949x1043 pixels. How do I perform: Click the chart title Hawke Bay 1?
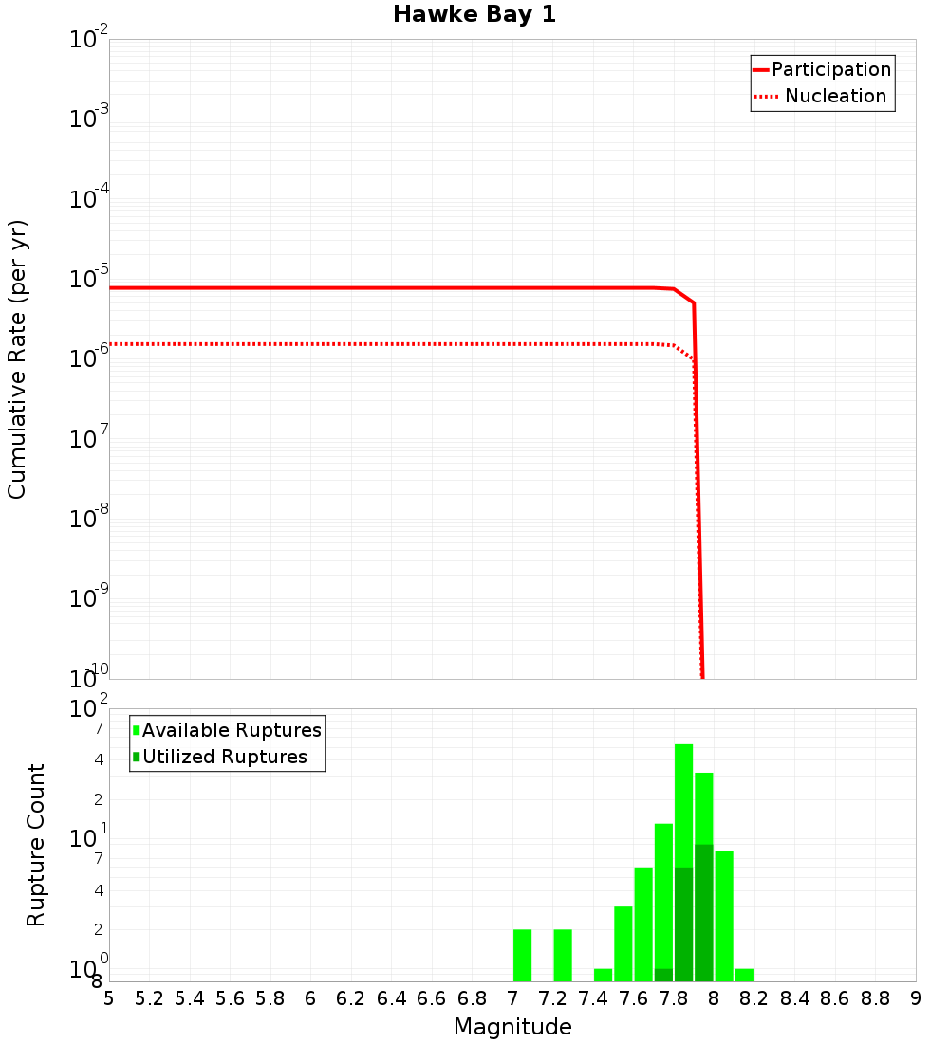tap(474, 14)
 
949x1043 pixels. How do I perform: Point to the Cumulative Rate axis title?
tap(17, 359)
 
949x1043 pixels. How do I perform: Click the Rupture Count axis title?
tap(36, 845)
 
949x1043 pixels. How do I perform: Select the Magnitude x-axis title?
tap(512, 1027)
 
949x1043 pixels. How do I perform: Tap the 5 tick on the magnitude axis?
tap(109, 997)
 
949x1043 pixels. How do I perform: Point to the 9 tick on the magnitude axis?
tap(916, 997)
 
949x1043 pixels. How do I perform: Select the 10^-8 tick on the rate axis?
tap(89, 519)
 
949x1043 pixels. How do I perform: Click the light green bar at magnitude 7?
tap(522, 956)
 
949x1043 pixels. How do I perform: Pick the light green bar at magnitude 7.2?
tap(563, 956)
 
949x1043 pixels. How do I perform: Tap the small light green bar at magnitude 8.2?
tap(744, 975)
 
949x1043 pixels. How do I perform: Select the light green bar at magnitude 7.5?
tap(623, 943)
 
